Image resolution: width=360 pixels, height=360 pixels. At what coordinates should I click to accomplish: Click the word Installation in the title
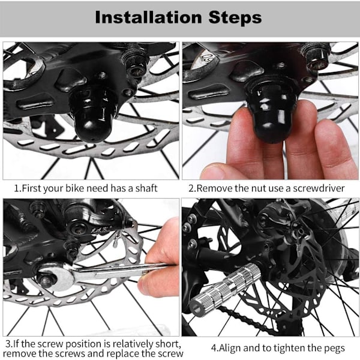pyautogui.click(x=148, y=17)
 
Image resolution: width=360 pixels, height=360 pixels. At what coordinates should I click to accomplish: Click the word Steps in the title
pyautogui.click(x=235, y=18)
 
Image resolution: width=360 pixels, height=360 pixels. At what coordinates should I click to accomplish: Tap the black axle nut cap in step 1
pyautogui.click(x=94, y=115)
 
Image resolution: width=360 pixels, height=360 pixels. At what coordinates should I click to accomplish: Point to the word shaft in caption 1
pyautogui.click(x=146, y=188)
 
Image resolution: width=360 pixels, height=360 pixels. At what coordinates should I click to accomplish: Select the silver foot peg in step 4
pyautogui.click(x=225, y=290)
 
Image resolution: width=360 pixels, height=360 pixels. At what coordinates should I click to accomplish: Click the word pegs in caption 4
pyautogui.click(x=334, y=349)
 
